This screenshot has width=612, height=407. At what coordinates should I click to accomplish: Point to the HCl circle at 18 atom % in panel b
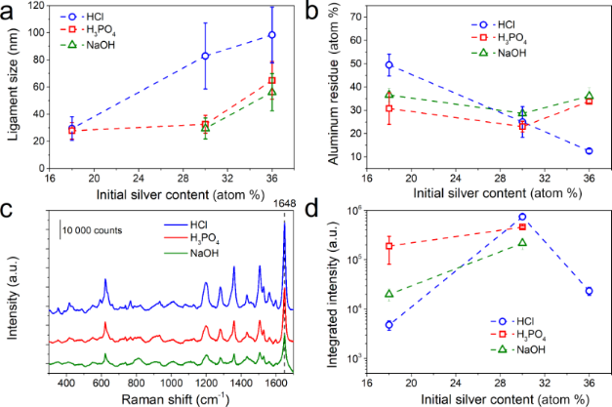(x=388, y=65)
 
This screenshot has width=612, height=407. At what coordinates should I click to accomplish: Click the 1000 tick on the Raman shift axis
(x=171, y=382)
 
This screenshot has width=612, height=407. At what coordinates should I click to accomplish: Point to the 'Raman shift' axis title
(x=160, y=398)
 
